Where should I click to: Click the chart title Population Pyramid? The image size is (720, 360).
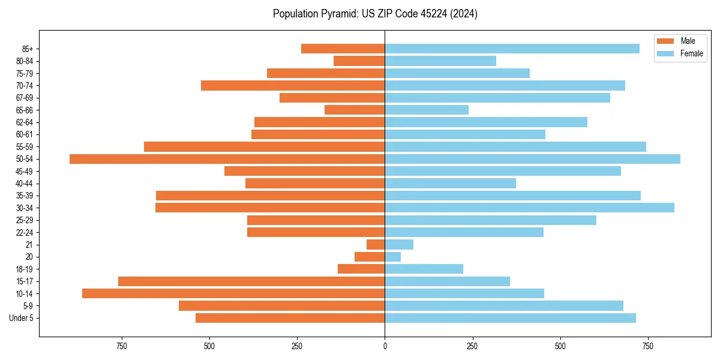point(375,14)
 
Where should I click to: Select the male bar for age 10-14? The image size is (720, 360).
point(233,293)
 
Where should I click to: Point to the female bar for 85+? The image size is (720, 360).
point(512,49)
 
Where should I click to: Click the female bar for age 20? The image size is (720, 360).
point(393,257)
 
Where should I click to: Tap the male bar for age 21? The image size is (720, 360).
point(376,245)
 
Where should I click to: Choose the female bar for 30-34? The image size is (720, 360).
point(529,208)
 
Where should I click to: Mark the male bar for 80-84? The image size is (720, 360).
point(359,61)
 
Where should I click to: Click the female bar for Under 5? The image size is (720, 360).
point(510,318)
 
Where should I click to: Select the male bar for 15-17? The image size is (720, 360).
point(251,281)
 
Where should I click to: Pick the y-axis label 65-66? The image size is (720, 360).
point(25,110)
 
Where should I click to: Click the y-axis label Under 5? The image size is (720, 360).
point(21,318)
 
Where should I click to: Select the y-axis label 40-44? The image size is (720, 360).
point(25,184)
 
